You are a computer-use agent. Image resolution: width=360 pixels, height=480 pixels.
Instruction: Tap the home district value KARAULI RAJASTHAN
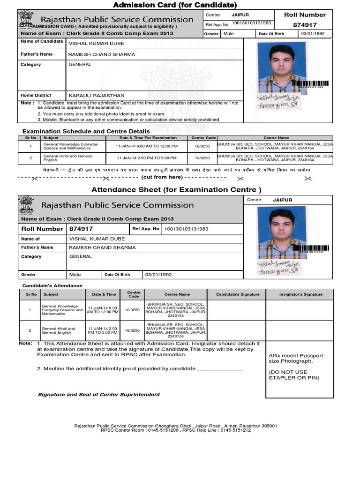[x=96, y=95]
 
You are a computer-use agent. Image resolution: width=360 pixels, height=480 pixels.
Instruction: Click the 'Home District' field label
[x=36, y=95]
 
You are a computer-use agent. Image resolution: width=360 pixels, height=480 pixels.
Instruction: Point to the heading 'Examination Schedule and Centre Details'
[x=86, y=131]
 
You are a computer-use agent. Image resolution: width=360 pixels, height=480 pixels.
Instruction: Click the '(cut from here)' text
[x=162, y=177]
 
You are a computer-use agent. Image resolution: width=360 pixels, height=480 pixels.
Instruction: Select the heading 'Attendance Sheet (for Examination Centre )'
[x=176, y=190]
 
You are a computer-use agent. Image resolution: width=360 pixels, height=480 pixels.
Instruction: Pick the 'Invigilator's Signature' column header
[x=300, y=294]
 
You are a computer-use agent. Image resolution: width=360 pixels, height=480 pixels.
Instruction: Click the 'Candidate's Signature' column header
[x=237, y=294]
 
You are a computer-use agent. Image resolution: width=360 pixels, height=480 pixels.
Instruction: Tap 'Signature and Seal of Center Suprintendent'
[x=98, y=394]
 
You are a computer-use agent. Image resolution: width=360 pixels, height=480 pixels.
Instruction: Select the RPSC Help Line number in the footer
[x=235, y=430]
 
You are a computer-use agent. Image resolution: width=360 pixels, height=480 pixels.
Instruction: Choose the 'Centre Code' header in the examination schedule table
[x=202, y=138]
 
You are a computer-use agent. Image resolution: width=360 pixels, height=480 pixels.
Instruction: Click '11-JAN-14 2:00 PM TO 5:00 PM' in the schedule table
[x=147, y=158]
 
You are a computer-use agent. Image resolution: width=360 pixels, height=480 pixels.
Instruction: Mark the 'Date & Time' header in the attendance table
[x=104, y=294]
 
